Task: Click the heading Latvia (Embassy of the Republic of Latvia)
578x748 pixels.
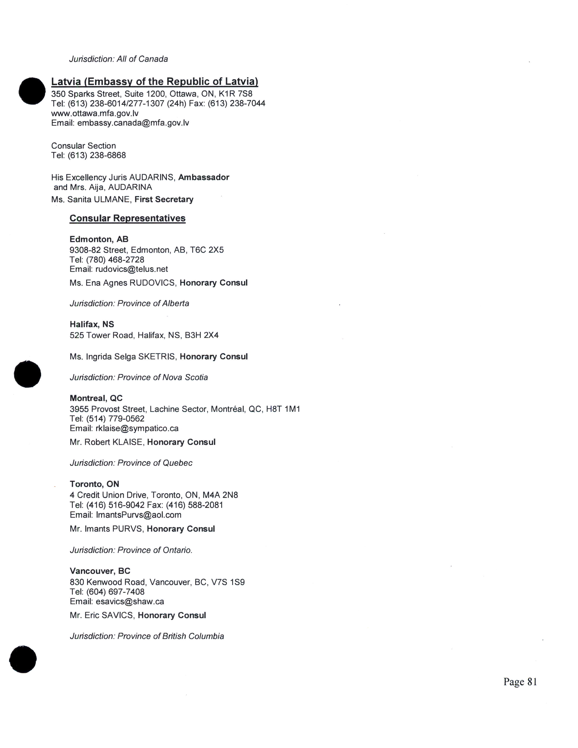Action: tap(154, 82)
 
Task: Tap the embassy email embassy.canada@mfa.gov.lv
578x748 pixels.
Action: tap(133, 123)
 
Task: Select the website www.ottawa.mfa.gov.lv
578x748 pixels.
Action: tap(95, 113)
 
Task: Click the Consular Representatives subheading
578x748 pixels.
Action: tap(127, 218)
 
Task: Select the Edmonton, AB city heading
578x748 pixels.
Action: tap(99, 239)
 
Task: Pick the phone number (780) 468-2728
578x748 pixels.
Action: tap(115, 260)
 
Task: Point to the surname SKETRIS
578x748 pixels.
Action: tap(157, 357)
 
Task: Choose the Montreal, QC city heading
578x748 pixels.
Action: tap(96, 398)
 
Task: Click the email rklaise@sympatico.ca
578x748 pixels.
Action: tap(137, 428)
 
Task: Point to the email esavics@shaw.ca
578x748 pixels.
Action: tap(130, 601)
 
